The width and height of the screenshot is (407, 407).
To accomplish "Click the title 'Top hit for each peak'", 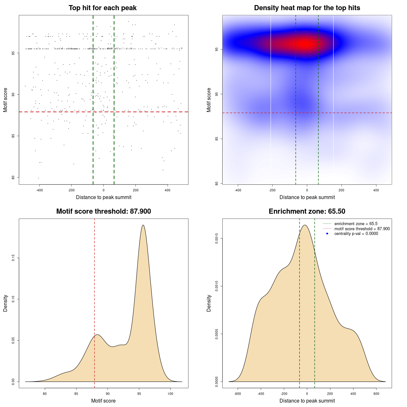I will (102, 8).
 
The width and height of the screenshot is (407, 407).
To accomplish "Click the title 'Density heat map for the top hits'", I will (307, 8).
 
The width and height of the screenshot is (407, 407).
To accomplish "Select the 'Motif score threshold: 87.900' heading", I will (103, 211).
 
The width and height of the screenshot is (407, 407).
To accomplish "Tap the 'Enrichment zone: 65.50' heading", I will (307, 211).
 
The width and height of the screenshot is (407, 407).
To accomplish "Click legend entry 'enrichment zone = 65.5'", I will (356, 224).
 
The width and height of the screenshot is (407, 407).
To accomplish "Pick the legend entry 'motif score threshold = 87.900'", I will (362, 229).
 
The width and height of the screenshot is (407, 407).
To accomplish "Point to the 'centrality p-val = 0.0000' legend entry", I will (356, 234).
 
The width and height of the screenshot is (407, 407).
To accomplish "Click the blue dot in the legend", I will (327, 234).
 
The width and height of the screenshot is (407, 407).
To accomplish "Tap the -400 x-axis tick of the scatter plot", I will (39, 190).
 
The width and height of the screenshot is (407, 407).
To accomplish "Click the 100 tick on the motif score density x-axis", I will (170, 394).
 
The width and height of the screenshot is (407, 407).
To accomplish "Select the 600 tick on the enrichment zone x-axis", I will (376, 394).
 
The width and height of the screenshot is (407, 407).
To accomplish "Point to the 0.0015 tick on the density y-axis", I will (217, 238).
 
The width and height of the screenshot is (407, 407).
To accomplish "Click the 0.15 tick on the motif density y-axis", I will (13, 258).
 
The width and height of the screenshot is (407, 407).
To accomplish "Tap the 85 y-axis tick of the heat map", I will (217, 139).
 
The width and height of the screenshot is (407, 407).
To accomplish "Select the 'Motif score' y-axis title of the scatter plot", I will (5, 100).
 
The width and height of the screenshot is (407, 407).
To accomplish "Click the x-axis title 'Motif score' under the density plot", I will (103, 401).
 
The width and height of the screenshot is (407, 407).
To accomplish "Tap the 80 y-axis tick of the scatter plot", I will (13, 177).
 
